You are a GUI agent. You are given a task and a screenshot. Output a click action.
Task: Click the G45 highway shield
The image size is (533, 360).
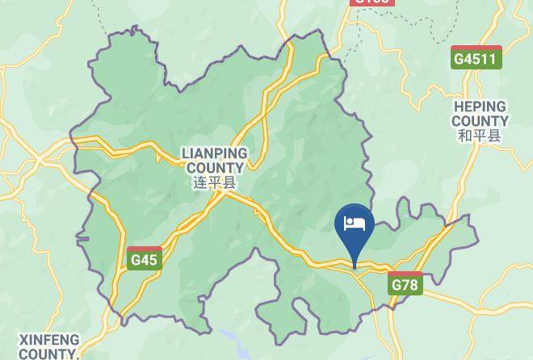145,258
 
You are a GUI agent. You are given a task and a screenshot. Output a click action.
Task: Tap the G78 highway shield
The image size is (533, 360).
405,283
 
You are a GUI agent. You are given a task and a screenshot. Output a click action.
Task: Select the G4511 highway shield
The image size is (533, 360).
476,57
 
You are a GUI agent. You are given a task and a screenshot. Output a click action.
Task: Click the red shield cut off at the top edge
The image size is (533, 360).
372,2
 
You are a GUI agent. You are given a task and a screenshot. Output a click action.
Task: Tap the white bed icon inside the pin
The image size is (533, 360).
354,223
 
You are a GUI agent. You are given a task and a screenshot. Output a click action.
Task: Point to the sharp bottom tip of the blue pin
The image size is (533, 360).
354,266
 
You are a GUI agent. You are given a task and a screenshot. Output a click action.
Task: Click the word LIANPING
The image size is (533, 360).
214,153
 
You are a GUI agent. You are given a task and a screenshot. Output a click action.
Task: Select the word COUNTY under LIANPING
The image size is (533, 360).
214,168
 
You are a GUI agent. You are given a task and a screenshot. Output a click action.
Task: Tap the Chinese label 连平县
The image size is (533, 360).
214,183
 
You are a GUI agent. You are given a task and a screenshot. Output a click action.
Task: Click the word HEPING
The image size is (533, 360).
479,107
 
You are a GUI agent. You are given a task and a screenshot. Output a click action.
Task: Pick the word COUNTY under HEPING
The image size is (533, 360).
479,121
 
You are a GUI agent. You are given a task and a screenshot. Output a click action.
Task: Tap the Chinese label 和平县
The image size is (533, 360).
479,136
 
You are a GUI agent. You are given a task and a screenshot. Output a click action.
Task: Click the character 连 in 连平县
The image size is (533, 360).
200,183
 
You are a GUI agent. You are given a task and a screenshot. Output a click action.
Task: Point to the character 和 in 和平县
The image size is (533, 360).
465,136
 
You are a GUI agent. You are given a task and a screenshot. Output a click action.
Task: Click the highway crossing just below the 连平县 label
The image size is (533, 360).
230,195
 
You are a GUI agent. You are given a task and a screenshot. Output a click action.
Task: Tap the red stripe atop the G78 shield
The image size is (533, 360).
405,275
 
